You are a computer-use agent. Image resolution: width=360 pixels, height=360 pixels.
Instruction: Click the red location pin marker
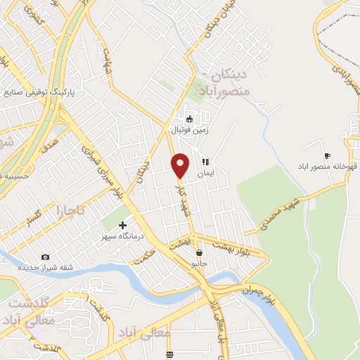pyautogui.click(x=181, y=165)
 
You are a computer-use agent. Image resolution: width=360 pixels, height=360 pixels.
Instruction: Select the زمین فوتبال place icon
pyautogui.click(x=188, y=118)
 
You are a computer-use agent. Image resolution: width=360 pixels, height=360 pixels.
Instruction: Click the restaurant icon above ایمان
pyautogui.click(x=205, y=160)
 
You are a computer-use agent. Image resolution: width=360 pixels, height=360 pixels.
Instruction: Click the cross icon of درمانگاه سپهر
pyautogui.click(x=123, y=226)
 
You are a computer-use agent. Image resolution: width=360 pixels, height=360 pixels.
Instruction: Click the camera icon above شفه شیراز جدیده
pyautogui.click(x=46, y=257)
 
